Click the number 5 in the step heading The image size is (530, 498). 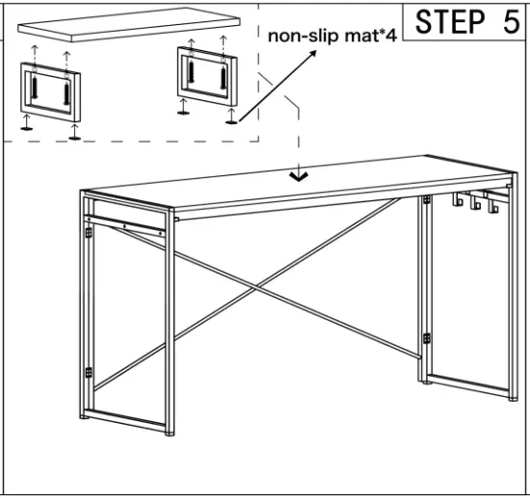point(508,21)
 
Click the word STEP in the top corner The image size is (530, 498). point(451,21)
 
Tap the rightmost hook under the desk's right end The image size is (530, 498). point(490,204)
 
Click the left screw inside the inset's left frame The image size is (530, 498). point(36,90)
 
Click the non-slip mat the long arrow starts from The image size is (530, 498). point(231,121)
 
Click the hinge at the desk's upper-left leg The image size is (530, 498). point(89,229)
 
